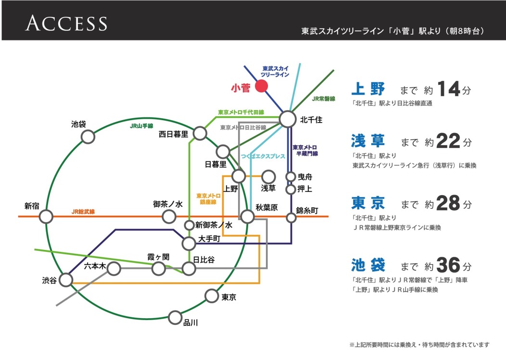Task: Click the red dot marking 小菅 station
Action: pos(261,87)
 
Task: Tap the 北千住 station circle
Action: pos(288,119)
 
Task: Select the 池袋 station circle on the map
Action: pos(88,137)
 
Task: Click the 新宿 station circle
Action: pos(46,217)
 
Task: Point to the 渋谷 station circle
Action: pos(66,280)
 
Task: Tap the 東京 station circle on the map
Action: pos(212,295)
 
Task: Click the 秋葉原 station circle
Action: pos(247,217)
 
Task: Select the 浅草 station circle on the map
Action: pos(268,176)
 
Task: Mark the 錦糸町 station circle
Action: pos(291,218)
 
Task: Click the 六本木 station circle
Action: pos(114,268)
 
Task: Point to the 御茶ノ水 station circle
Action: pos(169,217)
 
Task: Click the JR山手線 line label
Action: pos(141,126)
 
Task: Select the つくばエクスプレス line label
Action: pos(263,157)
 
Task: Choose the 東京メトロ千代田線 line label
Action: pos(241,112)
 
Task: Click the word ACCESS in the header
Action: pos(66,23)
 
